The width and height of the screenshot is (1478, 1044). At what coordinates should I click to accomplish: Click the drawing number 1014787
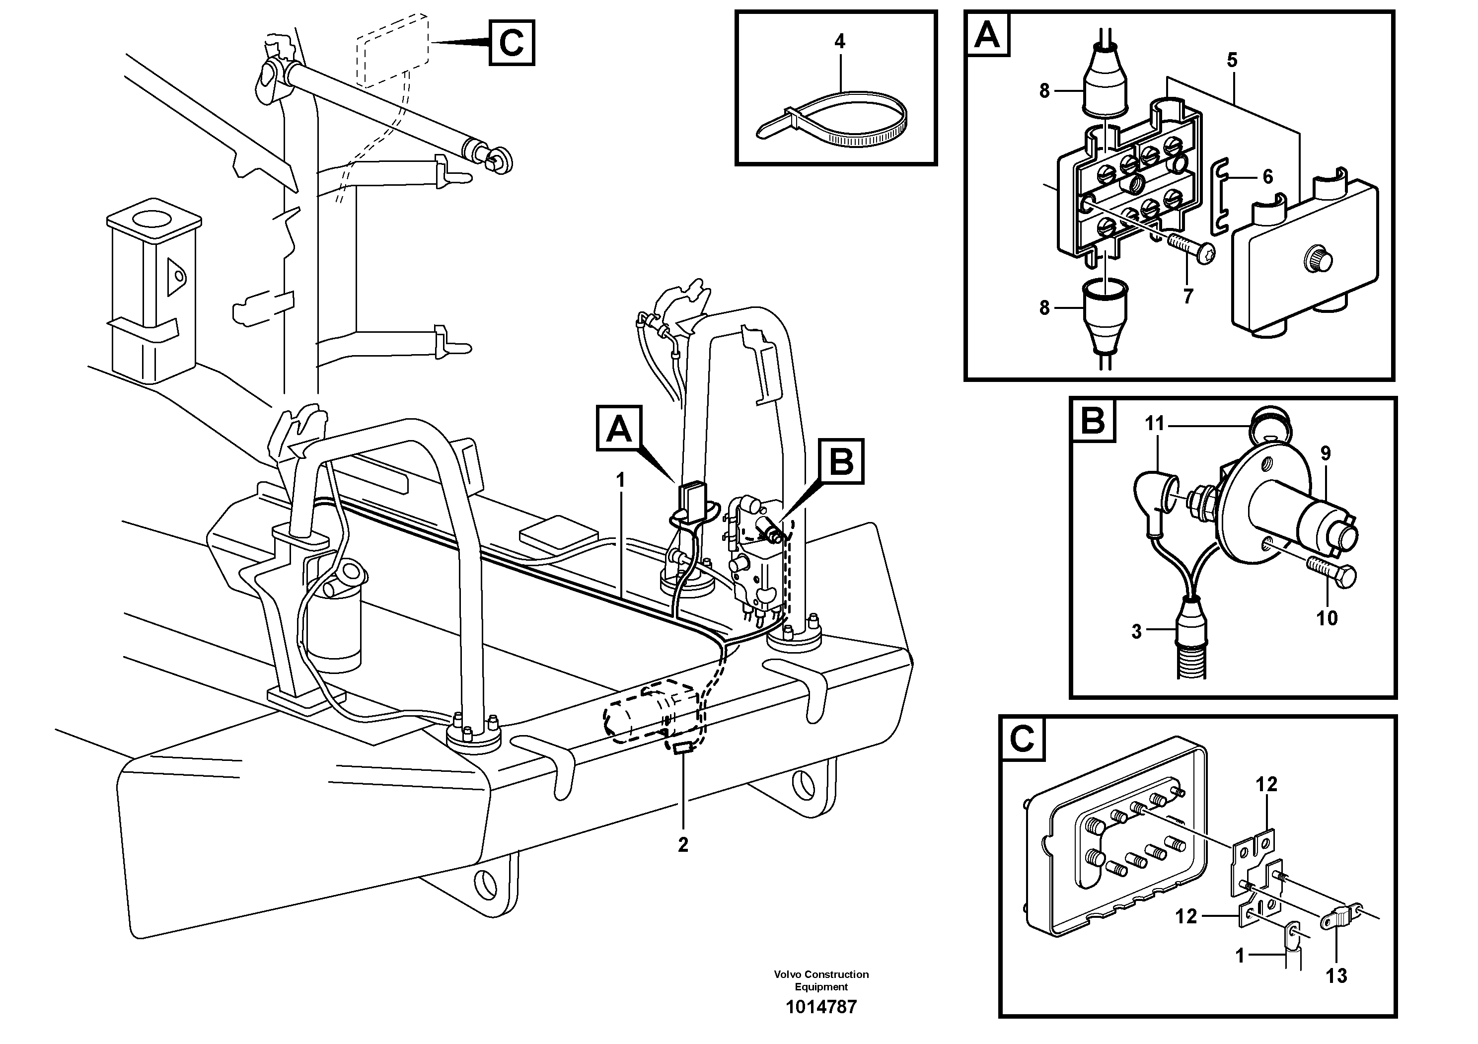[821, 1007]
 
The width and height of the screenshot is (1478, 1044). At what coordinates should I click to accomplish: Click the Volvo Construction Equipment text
[821, 980]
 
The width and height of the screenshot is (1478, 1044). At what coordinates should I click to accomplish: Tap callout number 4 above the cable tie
[839, 42]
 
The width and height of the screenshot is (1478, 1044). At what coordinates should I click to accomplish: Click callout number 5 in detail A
[1232, 61]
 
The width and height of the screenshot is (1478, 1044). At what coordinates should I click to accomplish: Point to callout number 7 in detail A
[1188, 297]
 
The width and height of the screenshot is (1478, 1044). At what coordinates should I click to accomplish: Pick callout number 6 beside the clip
[1267, 176]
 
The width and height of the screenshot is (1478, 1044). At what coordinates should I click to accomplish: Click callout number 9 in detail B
[1326, 454]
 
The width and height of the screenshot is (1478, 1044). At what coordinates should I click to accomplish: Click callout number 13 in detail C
[1336, 976]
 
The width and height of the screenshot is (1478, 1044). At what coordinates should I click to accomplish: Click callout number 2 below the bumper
[683, 844]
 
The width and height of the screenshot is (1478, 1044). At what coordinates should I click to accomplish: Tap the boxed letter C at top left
[511, 43]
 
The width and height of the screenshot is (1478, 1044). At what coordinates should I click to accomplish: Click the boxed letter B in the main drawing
[841, 461]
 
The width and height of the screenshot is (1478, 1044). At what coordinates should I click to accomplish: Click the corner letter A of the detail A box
[987, 35]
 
